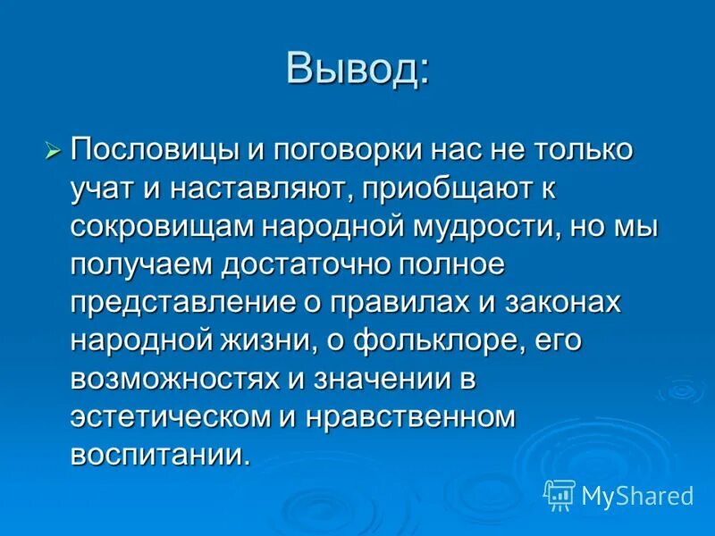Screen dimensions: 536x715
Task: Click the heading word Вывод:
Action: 357,69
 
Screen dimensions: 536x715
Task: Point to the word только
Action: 573,151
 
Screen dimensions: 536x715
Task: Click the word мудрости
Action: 471,227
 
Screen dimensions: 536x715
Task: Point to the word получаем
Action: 139,264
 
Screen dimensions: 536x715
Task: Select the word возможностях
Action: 174,379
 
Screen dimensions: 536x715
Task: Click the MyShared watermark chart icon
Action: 559,494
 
